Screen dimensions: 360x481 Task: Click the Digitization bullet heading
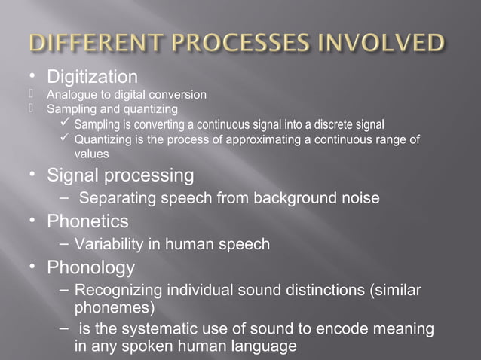(92, 77)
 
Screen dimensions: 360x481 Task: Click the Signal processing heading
(120, 176)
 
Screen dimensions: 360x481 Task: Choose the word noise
(359, 199)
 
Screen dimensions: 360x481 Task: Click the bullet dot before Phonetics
(32, 221)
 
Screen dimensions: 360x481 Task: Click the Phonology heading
(90, 267)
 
